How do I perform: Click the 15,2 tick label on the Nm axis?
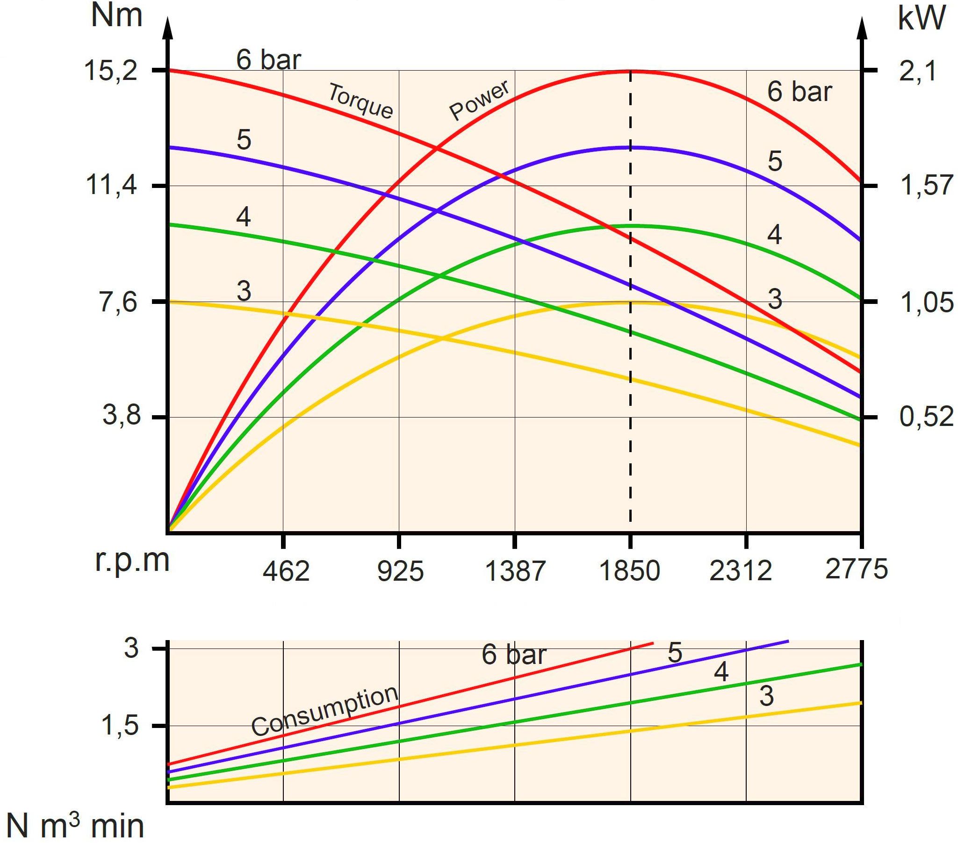click(x=111, y=71)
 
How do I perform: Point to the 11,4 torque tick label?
click(x=111, y=186)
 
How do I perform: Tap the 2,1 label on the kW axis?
click(x=918, y=72)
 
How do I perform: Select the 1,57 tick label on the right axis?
click(x=926, y=186)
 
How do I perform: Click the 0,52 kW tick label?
click(x=926, y=417)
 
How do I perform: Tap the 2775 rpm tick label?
click(x=856, y=569)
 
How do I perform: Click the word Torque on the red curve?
click(x=360, y=101)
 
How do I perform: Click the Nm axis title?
click(x=117, y=16)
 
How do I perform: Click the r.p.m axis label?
click(x=132, y=561)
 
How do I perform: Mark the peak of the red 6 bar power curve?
click(x=630, y=71)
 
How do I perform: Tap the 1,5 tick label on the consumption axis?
click(x=121, y=726)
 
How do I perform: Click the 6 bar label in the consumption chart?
click(x=514, y=655)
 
